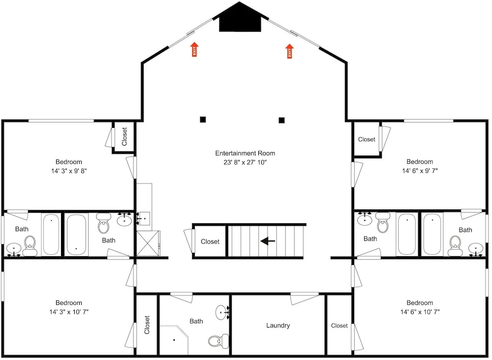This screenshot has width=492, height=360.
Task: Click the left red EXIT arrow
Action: tap(194, 49)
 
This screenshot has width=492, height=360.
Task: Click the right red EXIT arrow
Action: tap(289, 51)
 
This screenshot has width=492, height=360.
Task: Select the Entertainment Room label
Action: tap(245, 153)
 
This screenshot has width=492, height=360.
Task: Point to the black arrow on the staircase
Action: tap(268, 241)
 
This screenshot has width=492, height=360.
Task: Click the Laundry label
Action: tap(278, 326)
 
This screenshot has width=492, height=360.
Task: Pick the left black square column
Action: tap(203, 120)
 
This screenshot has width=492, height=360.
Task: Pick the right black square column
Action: tap(281, 120)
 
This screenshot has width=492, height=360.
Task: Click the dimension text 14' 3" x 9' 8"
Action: tap(69, 171)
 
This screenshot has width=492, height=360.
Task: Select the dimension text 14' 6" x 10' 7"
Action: tap(420, 312)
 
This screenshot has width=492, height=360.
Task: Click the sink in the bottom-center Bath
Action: tap(222, 312)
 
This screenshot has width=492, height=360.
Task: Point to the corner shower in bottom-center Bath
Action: tap(174, 340)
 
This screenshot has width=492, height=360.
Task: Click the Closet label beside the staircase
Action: tap(210, 242)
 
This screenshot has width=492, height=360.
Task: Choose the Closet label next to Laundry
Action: tap(339, 326)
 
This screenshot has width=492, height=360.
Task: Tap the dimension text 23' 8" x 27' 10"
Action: tap(245, 162)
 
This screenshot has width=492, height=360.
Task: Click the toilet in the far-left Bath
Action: tap(30, 246)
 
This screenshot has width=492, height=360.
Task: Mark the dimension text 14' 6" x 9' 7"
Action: tap(420, 171)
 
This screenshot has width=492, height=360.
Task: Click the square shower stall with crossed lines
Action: tap(148, 243)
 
